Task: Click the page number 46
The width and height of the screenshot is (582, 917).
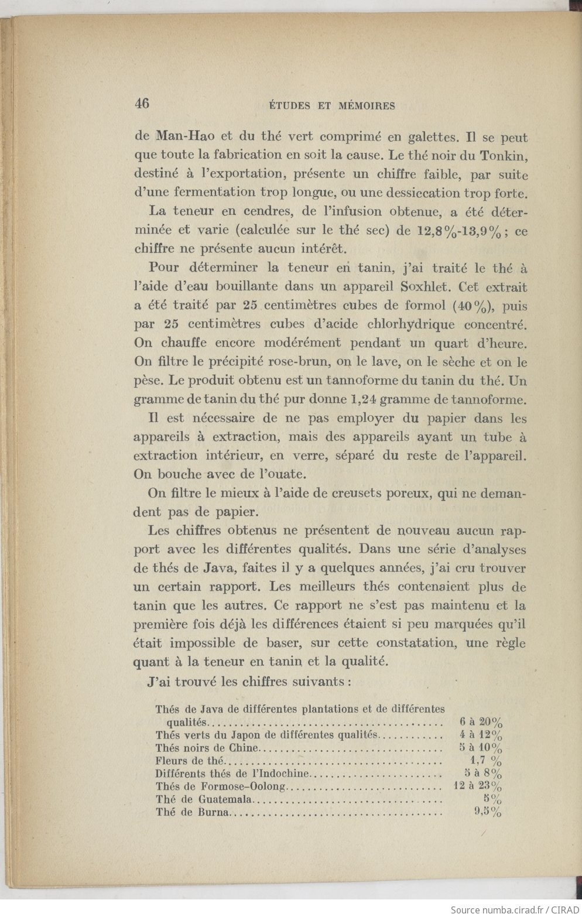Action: [142, 104]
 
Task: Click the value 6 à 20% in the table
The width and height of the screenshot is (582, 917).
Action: [481, 722]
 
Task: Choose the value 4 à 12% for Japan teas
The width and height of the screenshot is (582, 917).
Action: [481, 735]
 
